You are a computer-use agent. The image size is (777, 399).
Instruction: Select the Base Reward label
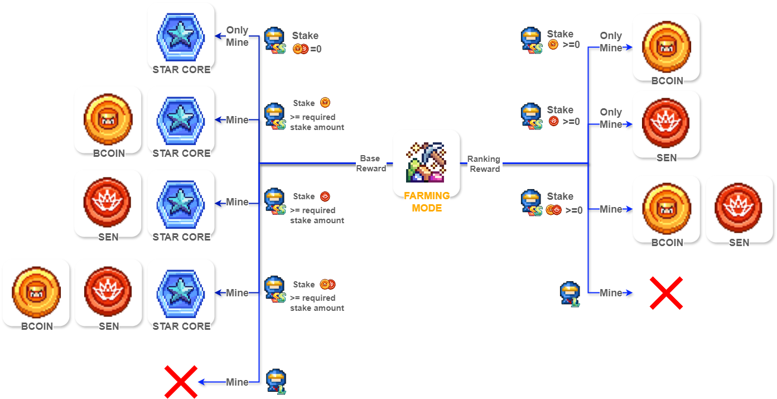371,164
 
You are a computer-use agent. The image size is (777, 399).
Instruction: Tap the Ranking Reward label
484,164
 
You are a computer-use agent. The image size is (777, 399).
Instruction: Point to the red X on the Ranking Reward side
666,292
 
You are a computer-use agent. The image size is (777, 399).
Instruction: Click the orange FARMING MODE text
427,202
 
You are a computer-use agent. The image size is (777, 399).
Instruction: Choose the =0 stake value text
316,49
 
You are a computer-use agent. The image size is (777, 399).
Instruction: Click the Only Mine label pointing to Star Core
237,36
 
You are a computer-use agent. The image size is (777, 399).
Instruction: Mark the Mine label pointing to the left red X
237,382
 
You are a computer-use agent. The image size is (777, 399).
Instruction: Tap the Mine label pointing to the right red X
611,293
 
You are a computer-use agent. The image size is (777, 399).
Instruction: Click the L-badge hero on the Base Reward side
276,382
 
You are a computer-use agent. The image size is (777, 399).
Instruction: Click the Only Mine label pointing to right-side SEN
611,118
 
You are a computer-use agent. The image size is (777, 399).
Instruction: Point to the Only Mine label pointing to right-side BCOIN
611,42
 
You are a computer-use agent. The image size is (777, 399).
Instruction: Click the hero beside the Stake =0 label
274,41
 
